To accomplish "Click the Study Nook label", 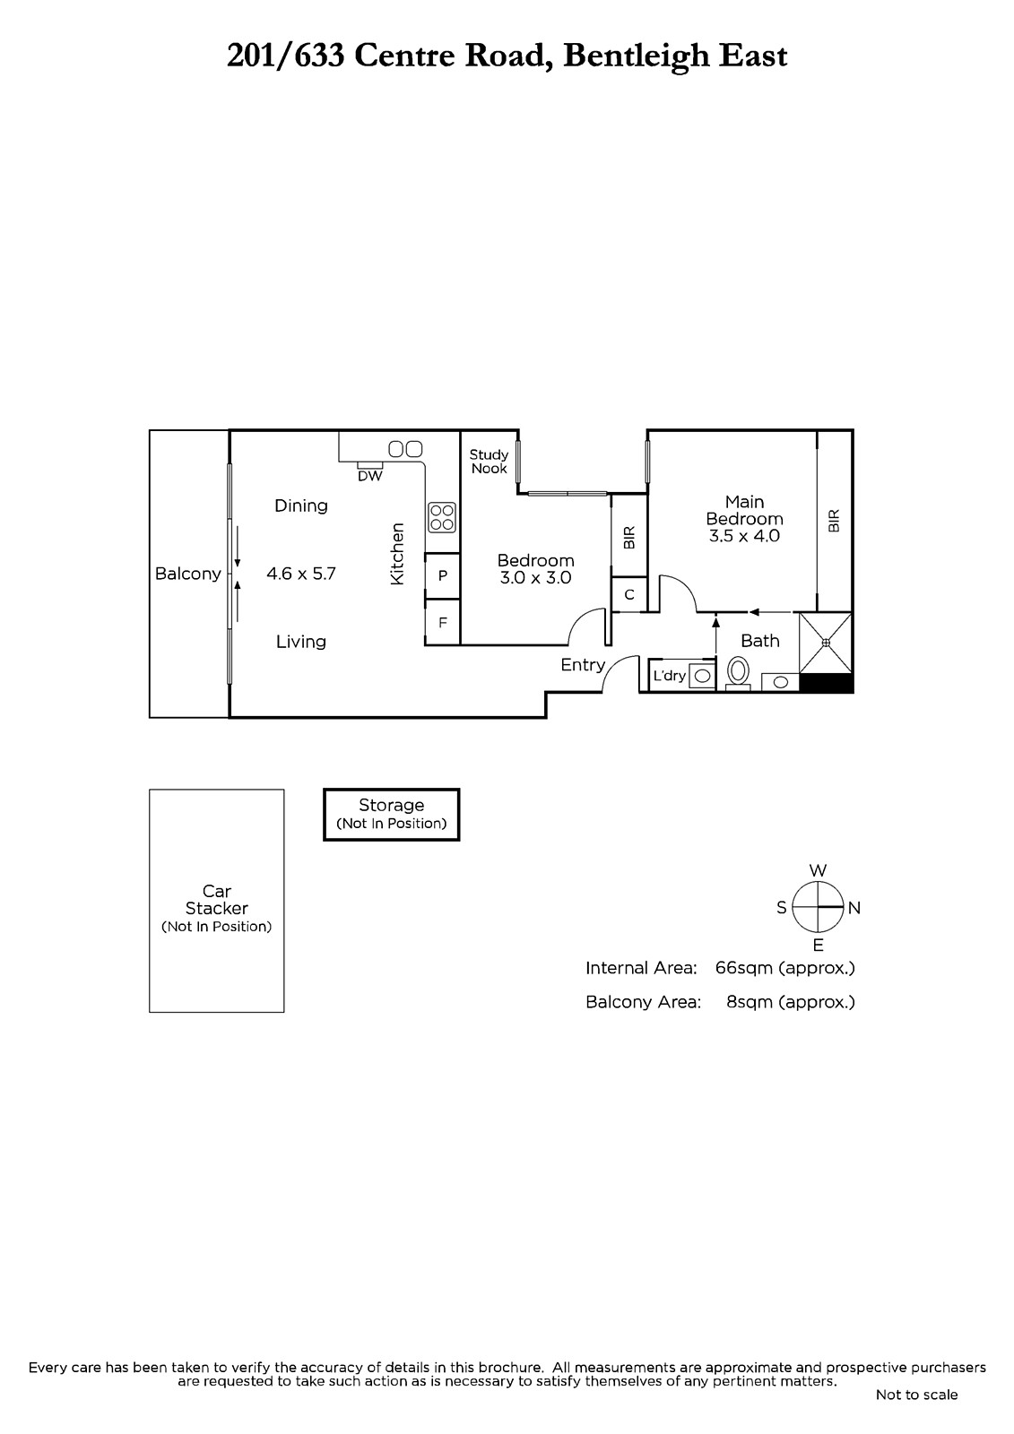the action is tap(489, 461).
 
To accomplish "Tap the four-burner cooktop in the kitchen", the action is tap(442, 517).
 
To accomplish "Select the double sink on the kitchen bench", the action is tap(405, 448).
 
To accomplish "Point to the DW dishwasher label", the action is tap(369, 476).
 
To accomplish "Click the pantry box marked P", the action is tap(443, 575).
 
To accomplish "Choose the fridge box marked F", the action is tap(443, 622).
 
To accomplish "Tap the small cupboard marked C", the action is tap(629, 595).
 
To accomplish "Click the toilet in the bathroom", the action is tap(738, 673).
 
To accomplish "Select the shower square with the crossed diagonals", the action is tap(826, 642).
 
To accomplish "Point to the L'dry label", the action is tap(670, 676).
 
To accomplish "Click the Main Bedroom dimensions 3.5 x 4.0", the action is tap(744, 536).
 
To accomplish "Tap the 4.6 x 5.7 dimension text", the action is tap(301, 574).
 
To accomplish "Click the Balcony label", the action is tap(187, 574).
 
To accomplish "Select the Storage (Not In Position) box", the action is tap(392, 815).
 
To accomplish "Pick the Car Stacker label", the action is tap(216, 899).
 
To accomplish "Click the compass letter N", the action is tap(854, 908).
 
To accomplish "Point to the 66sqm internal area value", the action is tap(743, 968).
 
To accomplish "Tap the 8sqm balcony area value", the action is tap(750, 1002).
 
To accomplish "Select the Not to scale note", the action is tap(916, 1395).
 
